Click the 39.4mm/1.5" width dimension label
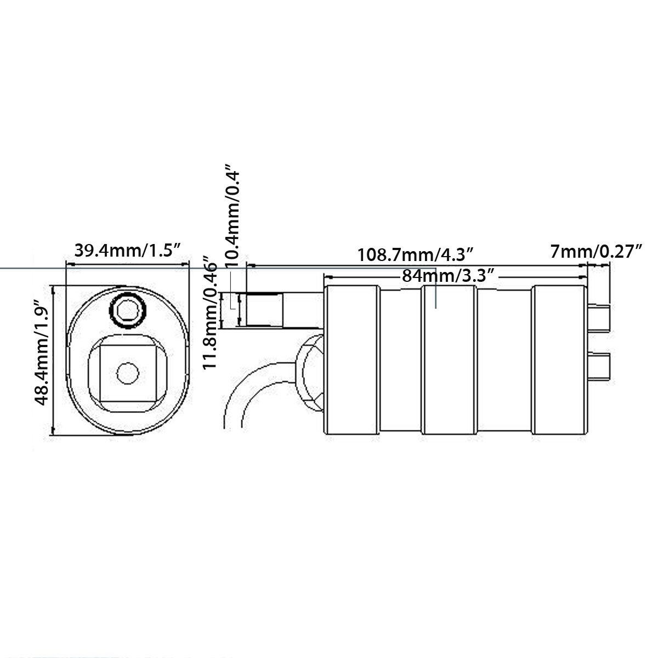pyautogui.click(x=127, y=252)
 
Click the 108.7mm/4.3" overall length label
pyautogui.click(x=415, y=255)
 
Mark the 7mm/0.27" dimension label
pyautogui.click(x=596, y=252)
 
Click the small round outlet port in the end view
pyautogui.click(x=129, y=311)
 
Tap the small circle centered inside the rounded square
pyautogui.click(x=128, y=373)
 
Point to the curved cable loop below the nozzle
pyautogui.click(x=236, y=395)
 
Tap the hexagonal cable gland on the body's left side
pyautogui.click(x=311, y=373)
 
